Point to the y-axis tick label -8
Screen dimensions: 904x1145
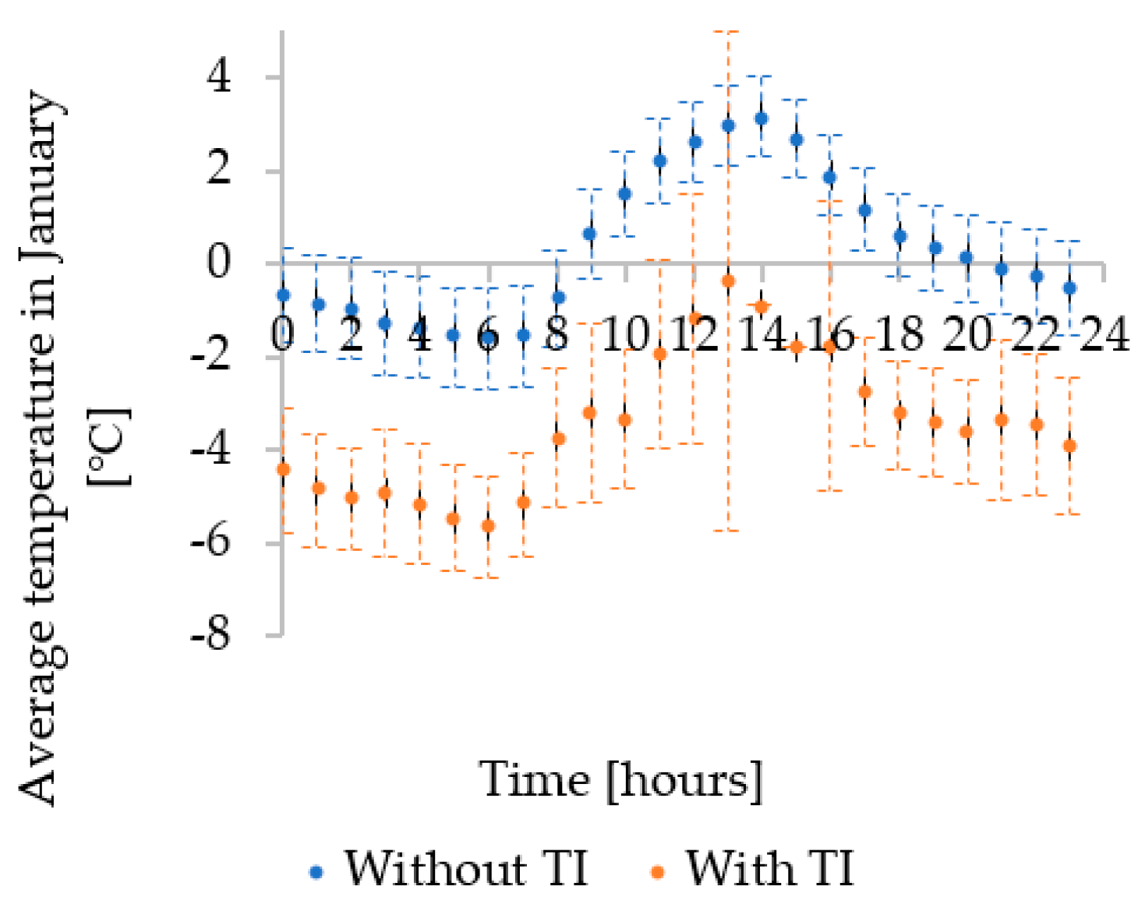[210, 635]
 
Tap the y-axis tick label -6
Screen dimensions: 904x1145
[210, 542]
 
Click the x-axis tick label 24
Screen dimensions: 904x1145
[1103, 335]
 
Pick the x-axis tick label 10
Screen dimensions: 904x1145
[625, 335]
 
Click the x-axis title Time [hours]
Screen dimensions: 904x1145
[621, 779]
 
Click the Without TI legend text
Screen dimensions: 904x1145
[466, 868]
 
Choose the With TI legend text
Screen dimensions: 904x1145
[769, 868]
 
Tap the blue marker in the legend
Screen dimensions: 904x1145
[316, 872]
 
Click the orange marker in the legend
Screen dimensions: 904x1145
[658, 872]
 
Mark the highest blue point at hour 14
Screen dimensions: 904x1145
[762, 118]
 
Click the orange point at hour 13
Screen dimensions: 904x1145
[728, 281]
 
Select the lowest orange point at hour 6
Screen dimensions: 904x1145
[488, 526]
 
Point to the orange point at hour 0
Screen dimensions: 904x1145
[283, 469]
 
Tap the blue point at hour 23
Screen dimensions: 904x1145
[1069, 288]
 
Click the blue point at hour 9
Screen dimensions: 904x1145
[590, 233]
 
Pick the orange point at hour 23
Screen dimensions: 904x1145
[1069, 446]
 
